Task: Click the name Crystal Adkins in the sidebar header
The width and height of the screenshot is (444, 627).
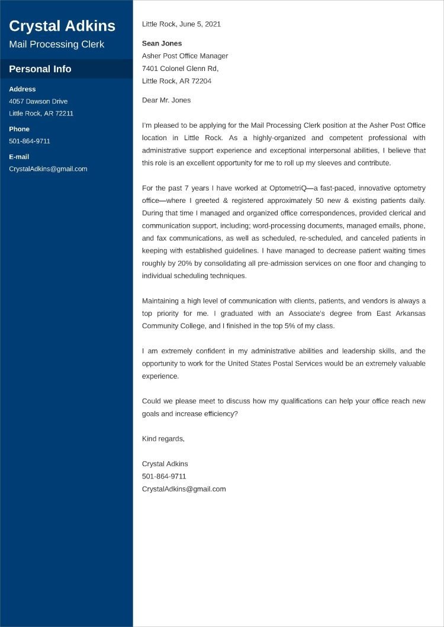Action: coord(62,26)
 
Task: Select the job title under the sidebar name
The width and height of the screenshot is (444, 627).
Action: coord(56,44)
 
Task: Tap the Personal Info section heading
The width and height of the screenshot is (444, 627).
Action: coord(40,69)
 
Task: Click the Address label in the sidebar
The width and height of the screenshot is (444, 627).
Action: coord(22,89)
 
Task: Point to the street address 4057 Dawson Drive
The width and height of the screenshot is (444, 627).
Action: coord(38,101)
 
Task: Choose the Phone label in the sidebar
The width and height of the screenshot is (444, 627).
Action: coord(19,129)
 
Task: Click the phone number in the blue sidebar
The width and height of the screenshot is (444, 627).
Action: coord(30,141)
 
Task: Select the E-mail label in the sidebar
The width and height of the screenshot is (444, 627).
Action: coord(19,157)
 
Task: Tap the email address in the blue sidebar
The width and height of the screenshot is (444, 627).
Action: coord(48,169)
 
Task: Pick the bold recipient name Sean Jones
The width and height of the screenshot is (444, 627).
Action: coord(162,43)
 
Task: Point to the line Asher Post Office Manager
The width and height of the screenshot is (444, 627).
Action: coord(185,56)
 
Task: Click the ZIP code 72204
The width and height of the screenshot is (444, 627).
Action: coord(201,80)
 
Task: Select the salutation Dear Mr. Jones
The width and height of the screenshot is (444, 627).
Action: coord(166,100)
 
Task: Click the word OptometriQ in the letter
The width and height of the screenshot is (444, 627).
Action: coord(289,188)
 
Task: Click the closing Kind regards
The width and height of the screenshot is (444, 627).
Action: coord(163,438)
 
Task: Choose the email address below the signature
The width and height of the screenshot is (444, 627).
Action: coord(184,489)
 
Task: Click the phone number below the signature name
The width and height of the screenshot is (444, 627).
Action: coord(164,476)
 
